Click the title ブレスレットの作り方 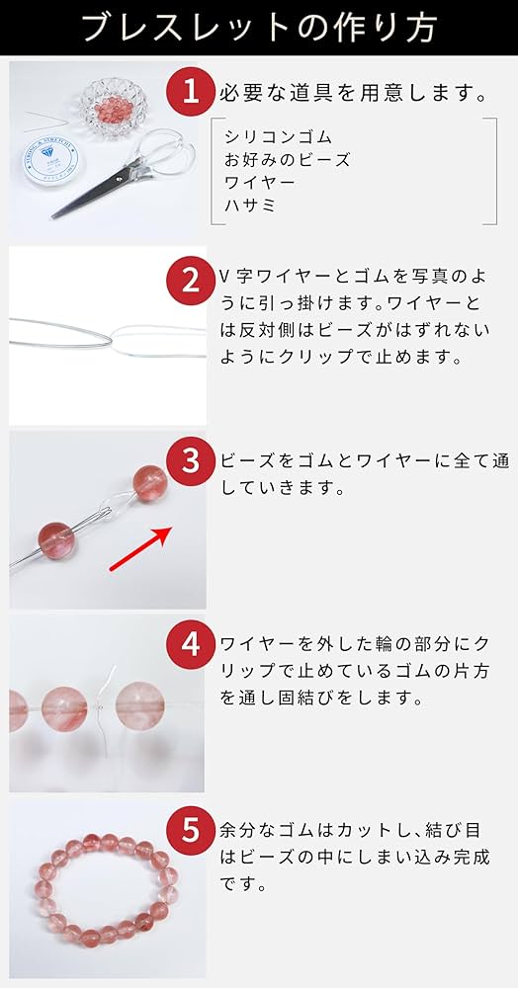coord(260,27)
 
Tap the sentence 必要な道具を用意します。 coord(353,95)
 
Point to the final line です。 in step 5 coord(241,884)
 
